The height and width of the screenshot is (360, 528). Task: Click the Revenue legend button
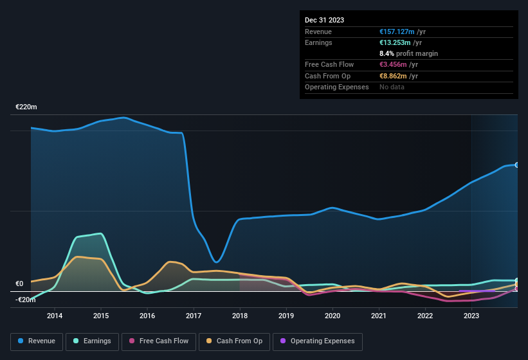pos(37,341)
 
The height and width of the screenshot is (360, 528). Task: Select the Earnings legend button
pos(93,341)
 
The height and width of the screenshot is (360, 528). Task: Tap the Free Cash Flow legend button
pos(159,341)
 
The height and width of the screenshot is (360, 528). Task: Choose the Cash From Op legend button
pos(234,341)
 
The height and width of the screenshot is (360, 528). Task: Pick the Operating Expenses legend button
pos(318,341)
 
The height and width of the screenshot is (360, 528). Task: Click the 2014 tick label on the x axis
pos(55,316)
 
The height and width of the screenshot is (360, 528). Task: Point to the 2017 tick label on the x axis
pos(194,316)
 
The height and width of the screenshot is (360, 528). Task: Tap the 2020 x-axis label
pos(332,316)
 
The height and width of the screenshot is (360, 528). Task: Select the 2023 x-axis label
pos(471,316)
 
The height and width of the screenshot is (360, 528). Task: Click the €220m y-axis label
pos(26,107)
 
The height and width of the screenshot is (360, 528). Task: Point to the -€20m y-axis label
pos(26,300)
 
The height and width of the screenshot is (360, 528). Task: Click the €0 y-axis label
pos(19,284)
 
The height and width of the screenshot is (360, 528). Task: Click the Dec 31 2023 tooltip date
pos(324,20)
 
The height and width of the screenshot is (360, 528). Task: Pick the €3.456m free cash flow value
pos(393,65)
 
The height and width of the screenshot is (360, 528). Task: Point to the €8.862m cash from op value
pos(393,76)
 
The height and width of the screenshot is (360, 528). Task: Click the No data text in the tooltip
pos(392,87)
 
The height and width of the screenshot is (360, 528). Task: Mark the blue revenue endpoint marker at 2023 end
pos(517,165)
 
